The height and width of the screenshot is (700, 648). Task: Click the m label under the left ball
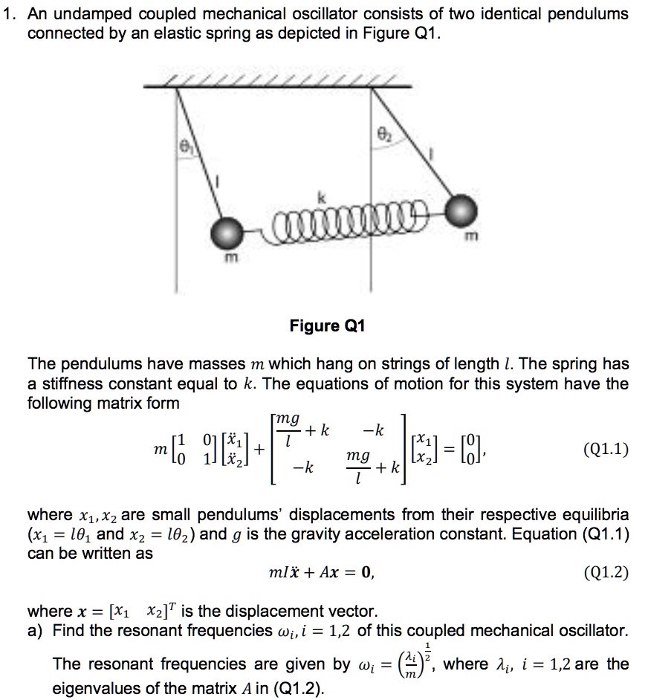point(230,257)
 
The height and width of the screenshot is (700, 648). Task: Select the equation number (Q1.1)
point(606,449)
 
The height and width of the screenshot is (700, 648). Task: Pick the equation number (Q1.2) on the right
point(606,572)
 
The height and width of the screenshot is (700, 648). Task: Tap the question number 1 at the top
point(7,14)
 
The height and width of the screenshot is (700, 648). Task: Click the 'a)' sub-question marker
point(34,632)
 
